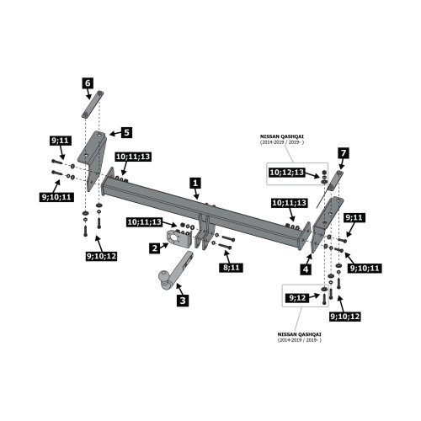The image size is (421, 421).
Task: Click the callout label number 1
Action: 195,184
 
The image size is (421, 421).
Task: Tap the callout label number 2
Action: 155,248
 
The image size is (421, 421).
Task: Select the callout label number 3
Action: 183,301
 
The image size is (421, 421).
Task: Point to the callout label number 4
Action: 306,269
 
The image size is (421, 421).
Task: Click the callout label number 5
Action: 126,132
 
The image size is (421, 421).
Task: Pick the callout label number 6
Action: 88,83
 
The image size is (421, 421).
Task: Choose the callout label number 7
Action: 344,153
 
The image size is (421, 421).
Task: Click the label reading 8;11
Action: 231,268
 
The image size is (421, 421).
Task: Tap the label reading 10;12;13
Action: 287,172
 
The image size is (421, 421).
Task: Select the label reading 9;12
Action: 297,298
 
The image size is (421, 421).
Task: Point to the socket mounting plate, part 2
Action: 179,238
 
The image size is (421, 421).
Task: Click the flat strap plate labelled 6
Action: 93,104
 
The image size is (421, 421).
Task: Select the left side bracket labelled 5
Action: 93,161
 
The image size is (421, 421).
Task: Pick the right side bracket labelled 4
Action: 327,225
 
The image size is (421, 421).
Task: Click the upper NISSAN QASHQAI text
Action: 282,136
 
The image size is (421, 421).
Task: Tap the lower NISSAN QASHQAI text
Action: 300,334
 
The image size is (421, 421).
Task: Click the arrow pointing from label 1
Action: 197,194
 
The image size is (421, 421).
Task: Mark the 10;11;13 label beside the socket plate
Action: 145,222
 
